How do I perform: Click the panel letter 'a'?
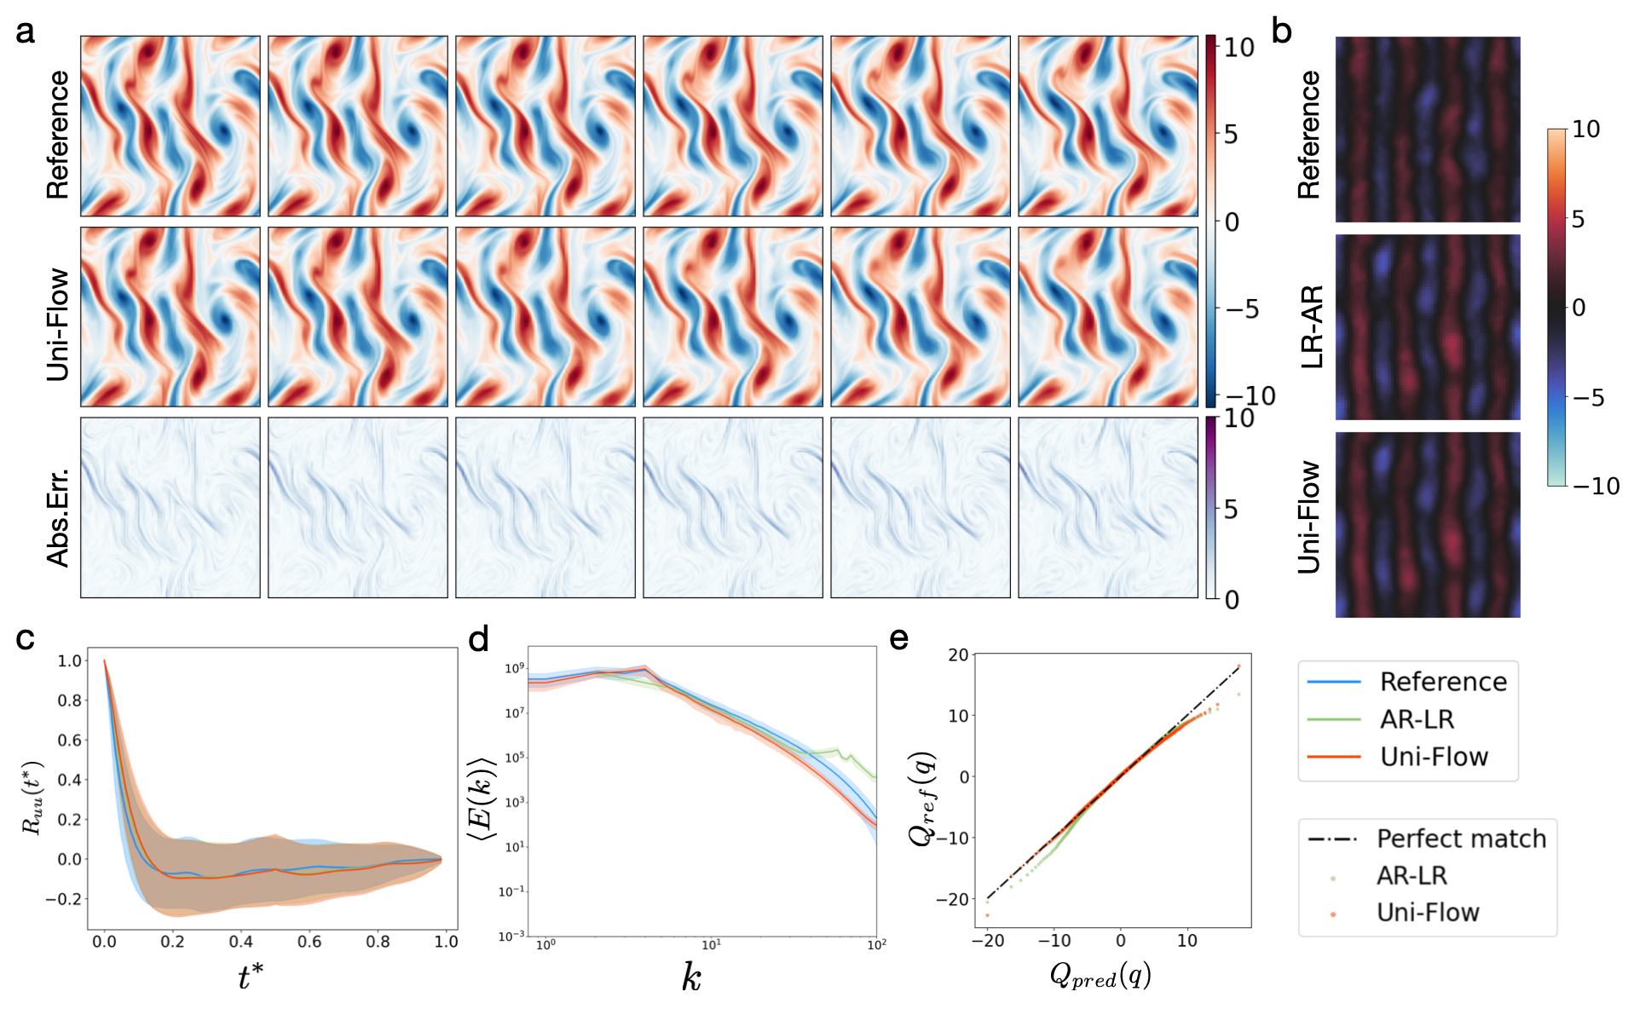(x=26, y=32)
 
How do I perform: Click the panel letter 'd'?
(x=479, y=638)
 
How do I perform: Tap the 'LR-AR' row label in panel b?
(x=1313, y=327)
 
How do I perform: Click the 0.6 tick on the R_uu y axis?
(x=70, y=740)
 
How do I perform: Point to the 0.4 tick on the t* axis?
(x=241, y=942)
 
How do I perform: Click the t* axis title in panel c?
(x=250, y=977)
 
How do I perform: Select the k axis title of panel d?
(x=691, y=977)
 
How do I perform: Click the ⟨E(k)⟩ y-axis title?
(x=481, y=799)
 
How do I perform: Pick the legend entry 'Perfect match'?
(x=1461, y=839)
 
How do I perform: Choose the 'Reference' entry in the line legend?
(x=1443, y=682)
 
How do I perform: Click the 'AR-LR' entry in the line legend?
(x=1417, y=719)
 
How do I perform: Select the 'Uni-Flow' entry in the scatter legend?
(x=1428, y=913)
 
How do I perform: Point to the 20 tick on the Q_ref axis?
(x=959, y=654)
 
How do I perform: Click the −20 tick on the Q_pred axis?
(x=987, y=941)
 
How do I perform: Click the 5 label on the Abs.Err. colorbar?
(x=1231, y=510)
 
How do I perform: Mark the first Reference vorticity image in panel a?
(x=170, y=126)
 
